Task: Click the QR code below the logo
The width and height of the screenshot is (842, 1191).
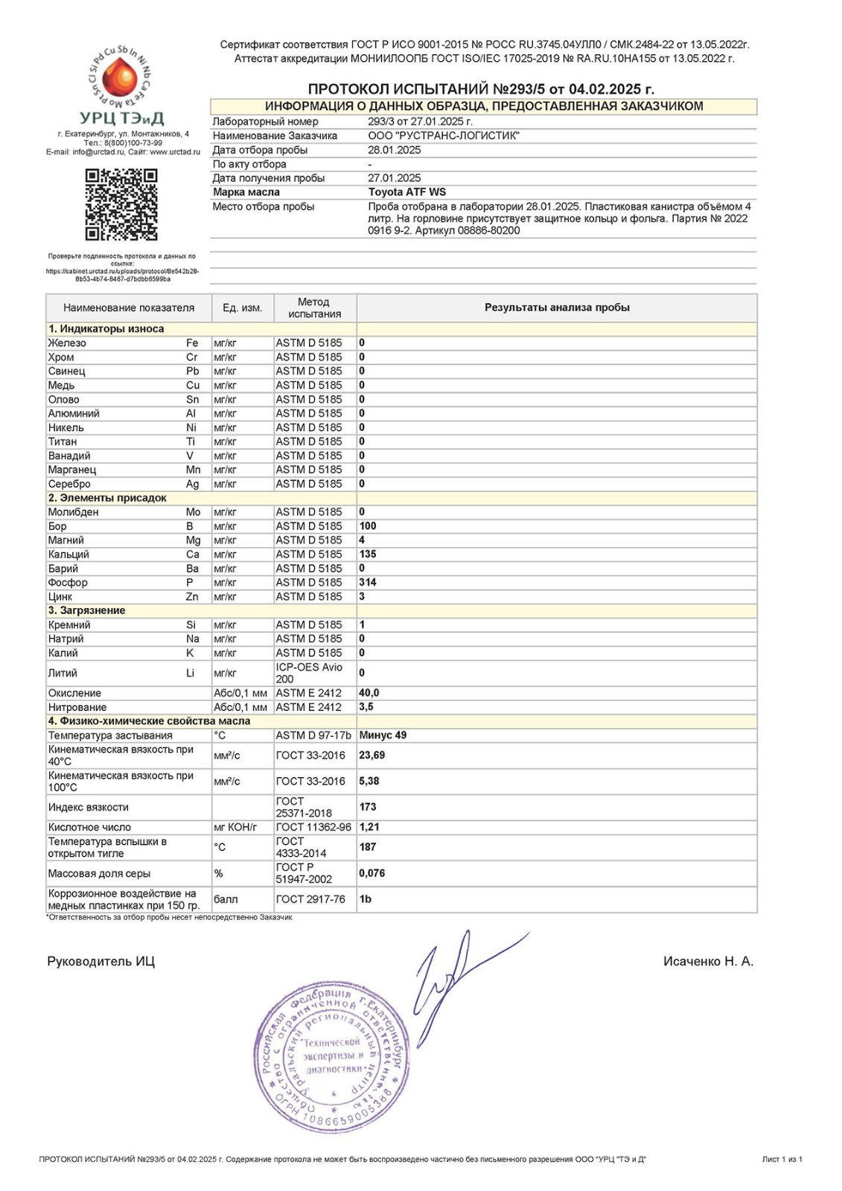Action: click(121, 205)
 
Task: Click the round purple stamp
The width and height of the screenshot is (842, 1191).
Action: click(332, 1056)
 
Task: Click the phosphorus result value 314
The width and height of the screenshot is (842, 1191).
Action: click(368, 582)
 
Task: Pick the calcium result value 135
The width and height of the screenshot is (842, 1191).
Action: click(368, 554)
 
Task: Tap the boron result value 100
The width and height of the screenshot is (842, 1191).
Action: click(368, 526)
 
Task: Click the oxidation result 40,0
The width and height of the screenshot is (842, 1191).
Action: click(369, 692)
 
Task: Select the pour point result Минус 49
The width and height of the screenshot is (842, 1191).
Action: click(383, 735)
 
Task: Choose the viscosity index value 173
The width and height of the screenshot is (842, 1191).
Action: click(368, 807)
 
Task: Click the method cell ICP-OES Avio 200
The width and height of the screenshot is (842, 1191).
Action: click(309, 673)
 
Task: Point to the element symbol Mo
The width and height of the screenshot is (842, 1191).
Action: click(193, 511)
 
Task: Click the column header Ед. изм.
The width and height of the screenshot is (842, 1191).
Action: click(242, 307)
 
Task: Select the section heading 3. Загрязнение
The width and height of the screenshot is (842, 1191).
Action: click(87, 610)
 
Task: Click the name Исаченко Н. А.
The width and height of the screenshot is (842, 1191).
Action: click(708, 961)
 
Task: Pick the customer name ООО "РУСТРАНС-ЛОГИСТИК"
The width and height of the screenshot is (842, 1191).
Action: click(444, 135)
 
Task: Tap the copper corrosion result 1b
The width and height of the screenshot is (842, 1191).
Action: click(365, 899)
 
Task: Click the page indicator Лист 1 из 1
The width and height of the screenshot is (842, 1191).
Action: click(782, 1159)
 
